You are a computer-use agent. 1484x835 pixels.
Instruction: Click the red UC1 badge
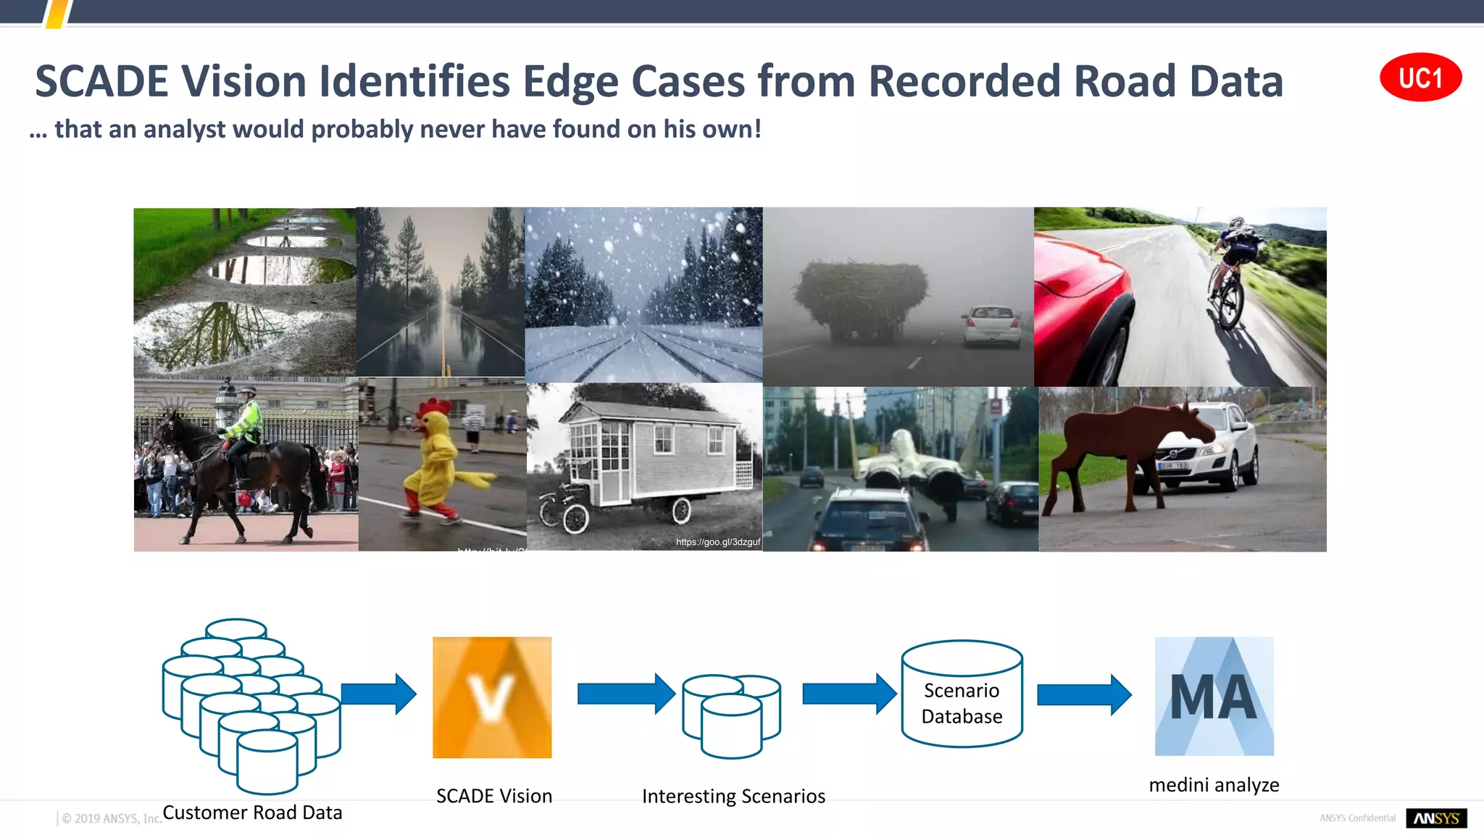[1420, 78]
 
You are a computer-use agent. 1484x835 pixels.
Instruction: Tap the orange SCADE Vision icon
[492, 697]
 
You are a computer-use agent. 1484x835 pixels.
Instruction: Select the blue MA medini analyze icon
[1214, 696]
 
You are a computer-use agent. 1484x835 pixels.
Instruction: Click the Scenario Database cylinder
[962, 694]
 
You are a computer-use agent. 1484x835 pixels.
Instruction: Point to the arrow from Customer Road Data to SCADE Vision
[378, 694]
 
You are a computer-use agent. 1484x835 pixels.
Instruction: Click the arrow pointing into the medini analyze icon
[1084, 694]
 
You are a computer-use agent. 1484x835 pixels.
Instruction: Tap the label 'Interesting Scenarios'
[733, 797]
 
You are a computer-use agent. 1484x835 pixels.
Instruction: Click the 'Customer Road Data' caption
[252, 813]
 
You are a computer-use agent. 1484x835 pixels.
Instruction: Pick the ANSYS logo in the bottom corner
[1436, 818]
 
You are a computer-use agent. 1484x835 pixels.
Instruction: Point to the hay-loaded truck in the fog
[861, 301]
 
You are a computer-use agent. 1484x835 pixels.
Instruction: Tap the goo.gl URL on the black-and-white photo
[717, 542]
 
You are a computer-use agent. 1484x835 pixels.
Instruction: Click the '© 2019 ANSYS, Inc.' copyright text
[111, 818]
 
